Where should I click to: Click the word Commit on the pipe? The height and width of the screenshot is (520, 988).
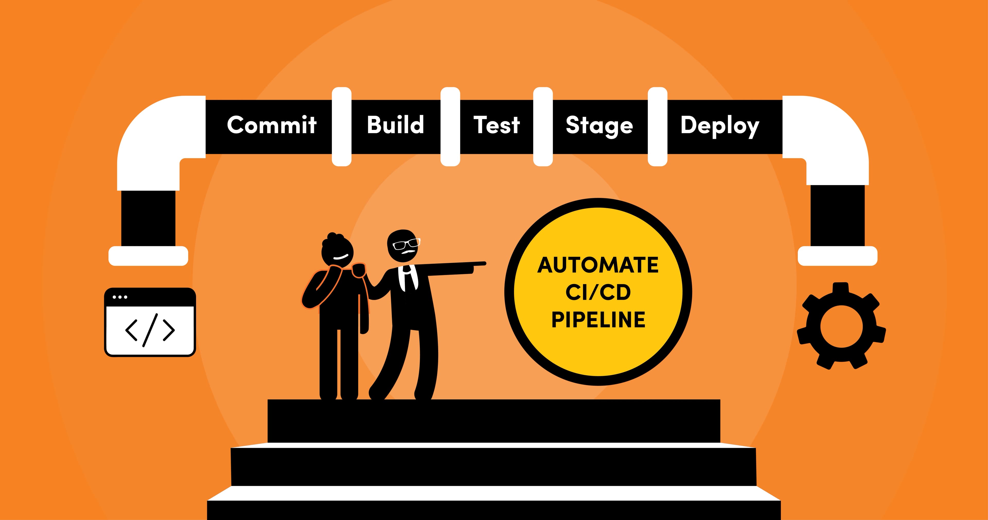point(271,125)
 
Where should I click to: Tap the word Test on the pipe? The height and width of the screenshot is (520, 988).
point(496,125)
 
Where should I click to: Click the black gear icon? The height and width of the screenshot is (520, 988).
point(841,326)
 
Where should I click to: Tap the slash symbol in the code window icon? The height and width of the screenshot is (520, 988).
point(150,330)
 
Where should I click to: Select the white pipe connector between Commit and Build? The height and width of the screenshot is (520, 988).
point(341,127)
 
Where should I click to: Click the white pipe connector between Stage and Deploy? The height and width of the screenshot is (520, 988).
point(657,127)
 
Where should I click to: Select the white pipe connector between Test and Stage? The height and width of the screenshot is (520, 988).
point(543,127)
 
